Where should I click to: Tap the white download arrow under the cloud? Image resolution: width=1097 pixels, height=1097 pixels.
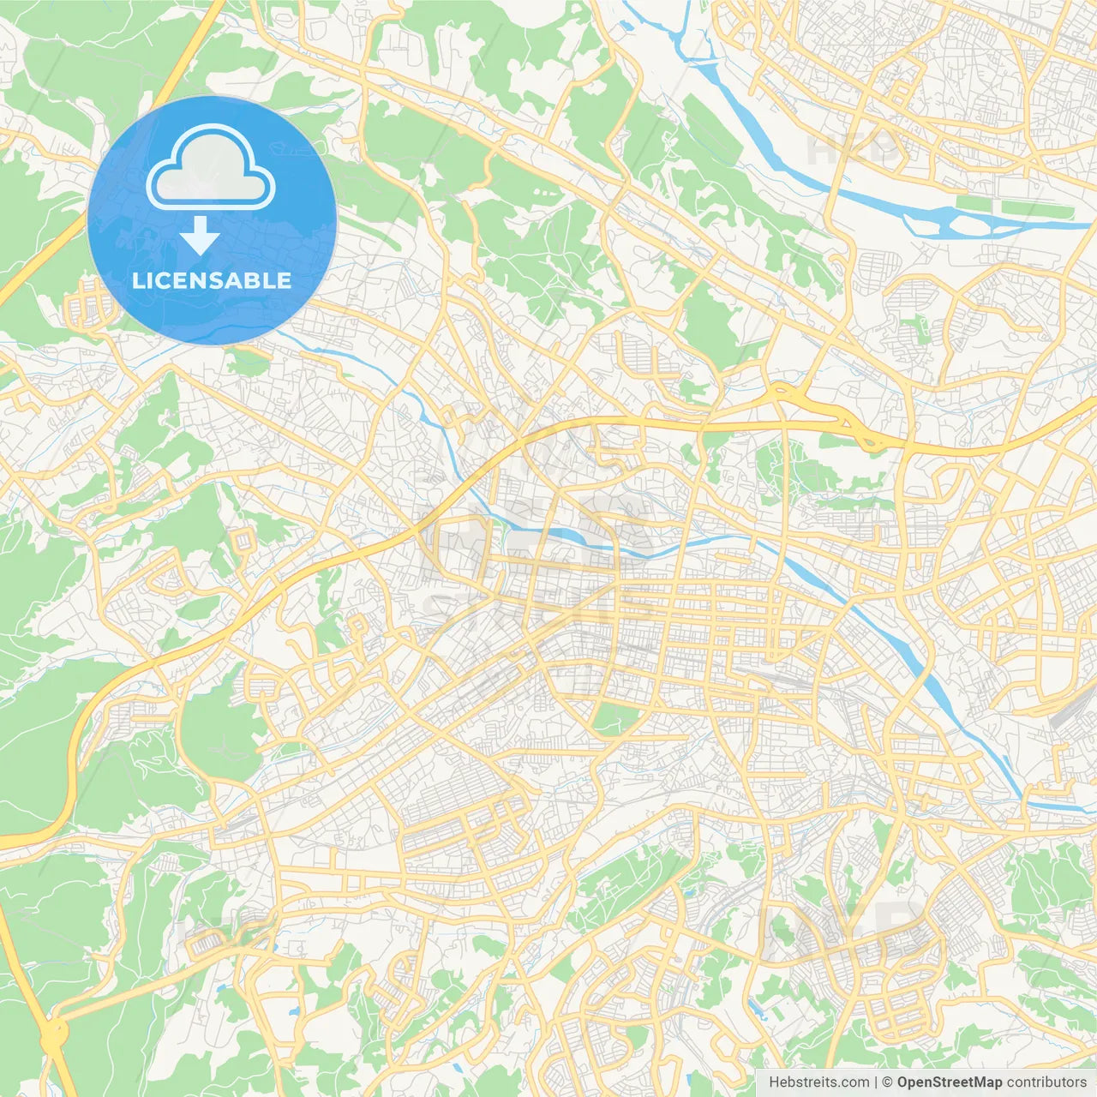click(200, 236)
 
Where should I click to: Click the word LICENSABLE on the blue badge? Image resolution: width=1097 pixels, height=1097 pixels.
click(212, 280)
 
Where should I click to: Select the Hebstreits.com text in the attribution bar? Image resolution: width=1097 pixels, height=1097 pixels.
click(818, 1082)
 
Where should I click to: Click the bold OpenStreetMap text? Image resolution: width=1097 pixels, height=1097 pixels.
click(949, 1082)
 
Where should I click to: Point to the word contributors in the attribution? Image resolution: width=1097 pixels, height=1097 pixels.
click(1046, 1082)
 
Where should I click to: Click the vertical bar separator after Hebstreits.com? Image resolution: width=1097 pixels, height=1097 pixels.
click(876, 1082)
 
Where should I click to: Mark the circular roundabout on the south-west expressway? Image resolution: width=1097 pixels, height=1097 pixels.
click(53, 1032)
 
